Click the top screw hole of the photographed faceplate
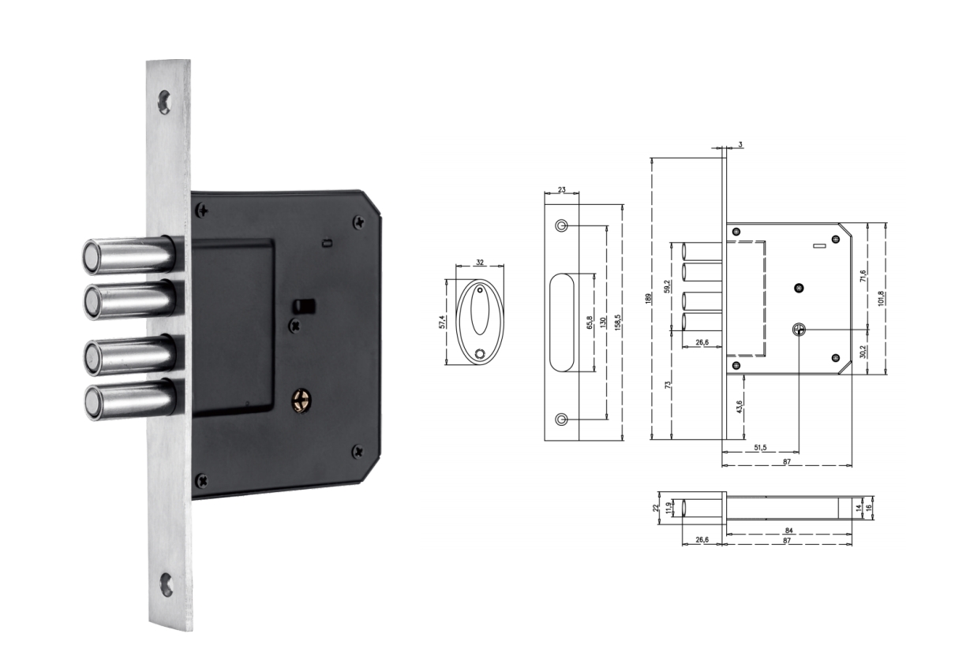(x=164, y=102)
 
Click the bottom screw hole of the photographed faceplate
(x=166, y=585)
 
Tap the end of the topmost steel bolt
(x=91, y=258)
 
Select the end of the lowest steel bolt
(x=93, y=402)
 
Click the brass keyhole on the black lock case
(x=301, y=401)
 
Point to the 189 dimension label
(x=648, y=299)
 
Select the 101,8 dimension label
(x=881, y=299)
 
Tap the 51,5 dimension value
(x=760, y=448)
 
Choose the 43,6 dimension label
(x=739, y=407)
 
